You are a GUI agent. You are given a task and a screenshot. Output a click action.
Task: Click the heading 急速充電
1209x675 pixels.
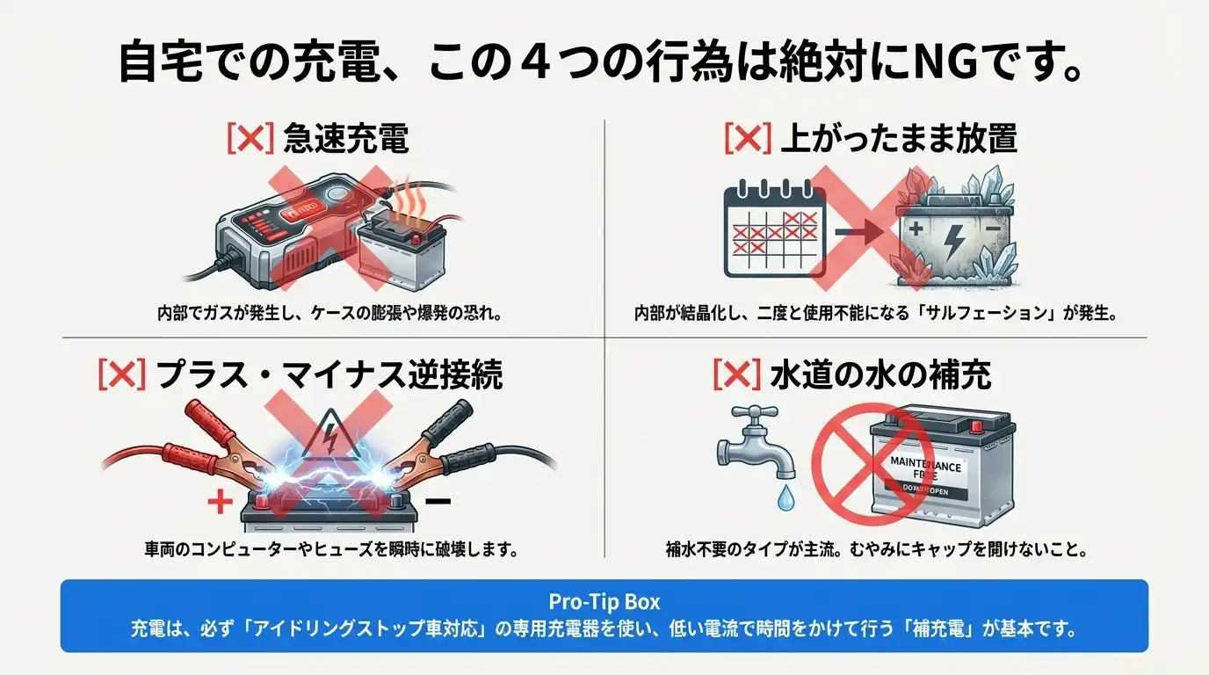(x=346, y=139)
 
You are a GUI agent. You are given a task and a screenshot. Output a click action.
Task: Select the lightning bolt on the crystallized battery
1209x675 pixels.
(x=952, y=239)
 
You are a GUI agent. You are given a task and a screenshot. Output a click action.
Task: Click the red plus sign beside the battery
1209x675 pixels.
(x=220, y=503)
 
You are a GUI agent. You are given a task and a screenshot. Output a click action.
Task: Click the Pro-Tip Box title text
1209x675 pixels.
(x=604, y=602)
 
